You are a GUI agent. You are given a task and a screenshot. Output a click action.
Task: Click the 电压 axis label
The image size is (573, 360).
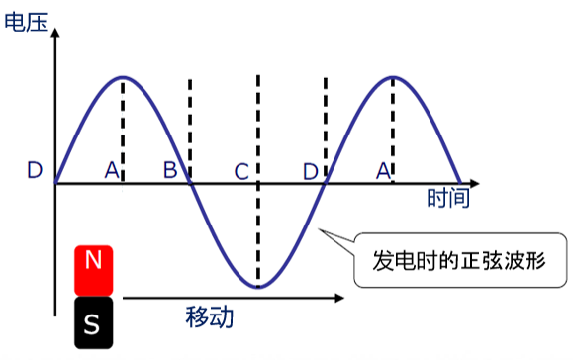[26, 22]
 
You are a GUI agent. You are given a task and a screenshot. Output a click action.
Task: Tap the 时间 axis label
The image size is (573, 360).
[448, 198]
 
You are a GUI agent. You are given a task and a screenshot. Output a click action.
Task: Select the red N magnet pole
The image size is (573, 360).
[94, 270]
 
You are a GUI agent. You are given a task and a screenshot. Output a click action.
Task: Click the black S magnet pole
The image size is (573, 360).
[94, 322]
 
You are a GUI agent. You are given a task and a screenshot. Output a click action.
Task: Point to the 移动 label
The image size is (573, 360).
[210, 316]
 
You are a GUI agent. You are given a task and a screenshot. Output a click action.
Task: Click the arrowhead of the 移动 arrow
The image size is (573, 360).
[339, 298]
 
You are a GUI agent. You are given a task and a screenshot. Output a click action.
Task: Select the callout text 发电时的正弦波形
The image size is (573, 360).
[459, 261]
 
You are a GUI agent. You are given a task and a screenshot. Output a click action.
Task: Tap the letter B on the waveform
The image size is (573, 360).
[170, 170]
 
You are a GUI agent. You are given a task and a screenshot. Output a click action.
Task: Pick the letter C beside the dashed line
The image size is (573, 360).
[241, 172]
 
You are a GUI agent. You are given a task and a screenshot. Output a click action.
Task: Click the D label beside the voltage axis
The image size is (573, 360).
[35, 170]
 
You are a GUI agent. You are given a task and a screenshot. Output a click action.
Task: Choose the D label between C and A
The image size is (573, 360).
[311, 172]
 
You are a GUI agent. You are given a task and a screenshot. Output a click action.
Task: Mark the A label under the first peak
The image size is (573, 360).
[112, 170]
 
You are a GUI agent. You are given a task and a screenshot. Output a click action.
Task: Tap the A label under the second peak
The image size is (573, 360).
[383, 171]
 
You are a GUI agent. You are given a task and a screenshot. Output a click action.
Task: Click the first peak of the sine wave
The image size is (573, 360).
[123, 77]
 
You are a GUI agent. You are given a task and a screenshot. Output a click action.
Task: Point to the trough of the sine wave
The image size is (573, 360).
[258, 288]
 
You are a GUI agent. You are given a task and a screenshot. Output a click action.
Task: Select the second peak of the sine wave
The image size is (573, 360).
[393, 77]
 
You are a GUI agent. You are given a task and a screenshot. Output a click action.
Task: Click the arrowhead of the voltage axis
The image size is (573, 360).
[55, 32]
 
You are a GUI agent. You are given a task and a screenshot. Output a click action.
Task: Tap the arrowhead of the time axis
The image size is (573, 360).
[474, 183]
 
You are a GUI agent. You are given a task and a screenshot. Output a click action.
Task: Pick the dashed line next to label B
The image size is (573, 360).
[190, 132]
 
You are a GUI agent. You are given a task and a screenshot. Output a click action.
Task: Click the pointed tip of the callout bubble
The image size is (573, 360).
[319, 229]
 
